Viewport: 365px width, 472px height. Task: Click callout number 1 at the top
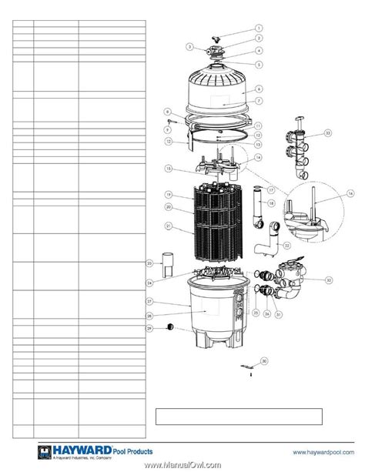coord(259,29)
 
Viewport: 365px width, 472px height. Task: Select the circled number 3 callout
coord(188,46)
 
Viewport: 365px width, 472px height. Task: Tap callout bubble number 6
coord(259,89)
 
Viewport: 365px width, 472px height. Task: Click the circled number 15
coord(166,168)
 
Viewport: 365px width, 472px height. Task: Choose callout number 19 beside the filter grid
coord(166,196)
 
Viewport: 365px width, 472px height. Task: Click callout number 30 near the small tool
coord(264,360)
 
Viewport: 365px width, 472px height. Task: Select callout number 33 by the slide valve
coord(328,133)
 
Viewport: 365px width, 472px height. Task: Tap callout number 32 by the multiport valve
coord(329,280)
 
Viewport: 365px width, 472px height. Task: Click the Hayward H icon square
coord(21,454)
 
